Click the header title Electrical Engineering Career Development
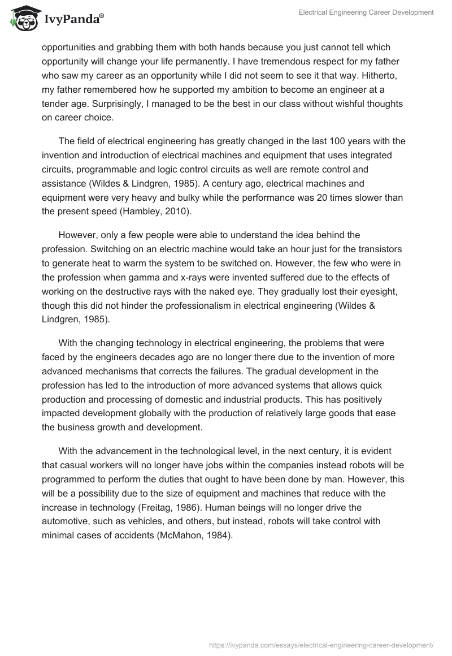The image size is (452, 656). pyautogui.click(x=366, y=12)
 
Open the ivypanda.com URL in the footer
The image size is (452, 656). pyautogui.click(x=321, y=645)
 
